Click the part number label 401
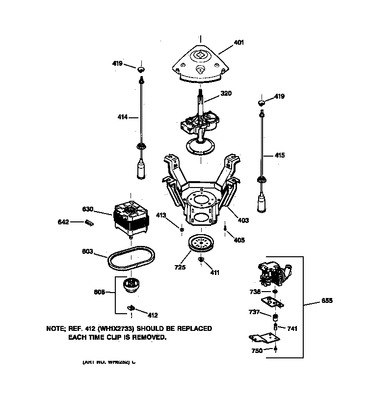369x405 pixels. [x=238, y=42]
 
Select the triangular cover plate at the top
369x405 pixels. [x=200, y=64]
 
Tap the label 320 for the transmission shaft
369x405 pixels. [x=226, y=93]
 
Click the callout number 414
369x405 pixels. [x=122, y=117]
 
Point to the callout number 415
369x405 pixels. [x=279, y=155]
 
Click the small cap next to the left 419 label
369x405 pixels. [x=141, y=68]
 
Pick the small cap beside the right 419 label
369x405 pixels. [x=262, y=103]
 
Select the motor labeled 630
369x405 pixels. [x=131, y=218]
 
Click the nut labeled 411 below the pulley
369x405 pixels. [x=201, y=259]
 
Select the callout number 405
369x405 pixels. [x=239, y=240]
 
